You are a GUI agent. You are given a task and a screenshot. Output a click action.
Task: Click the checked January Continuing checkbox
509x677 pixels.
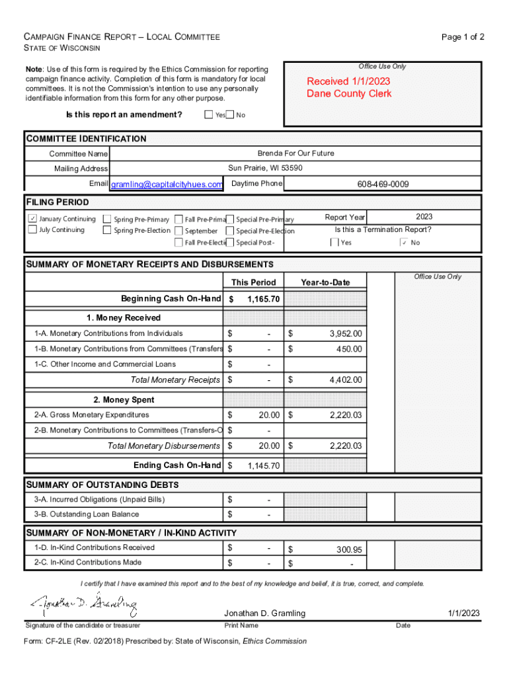[32, 219]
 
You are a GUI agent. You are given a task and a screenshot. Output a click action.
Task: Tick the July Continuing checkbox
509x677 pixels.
[32, 230]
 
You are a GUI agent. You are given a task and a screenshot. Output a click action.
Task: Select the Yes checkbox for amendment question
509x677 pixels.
[209, 115]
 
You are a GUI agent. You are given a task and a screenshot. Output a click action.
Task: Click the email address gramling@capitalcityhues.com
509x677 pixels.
[167, 184]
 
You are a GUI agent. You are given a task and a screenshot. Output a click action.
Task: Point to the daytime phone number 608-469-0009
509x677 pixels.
[383, 184]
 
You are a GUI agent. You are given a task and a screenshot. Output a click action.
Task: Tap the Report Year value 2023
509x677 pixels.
[424, 217]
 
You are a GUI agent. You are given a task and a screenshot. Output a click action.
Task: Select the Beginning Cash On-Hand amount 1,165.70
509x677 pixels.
[263, 299]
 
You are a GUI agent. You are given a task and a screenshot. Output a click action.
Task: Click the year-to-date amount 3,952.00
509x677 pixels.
[345, 334]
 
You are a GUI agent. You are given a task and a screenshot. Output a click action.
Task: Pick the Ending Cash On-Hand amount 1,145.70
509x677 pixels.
[263, 466]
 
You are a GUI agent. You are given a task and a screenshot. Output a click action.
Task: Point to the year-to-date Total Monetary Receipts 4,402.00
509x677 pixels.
[345, 380]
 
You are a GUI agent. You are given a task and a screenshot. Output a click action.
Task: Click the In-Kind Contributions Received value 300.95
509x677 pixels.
[348, 549]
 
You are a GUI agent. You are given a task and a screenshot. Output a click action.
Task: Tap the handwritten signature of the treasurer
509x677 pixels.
[83, 603]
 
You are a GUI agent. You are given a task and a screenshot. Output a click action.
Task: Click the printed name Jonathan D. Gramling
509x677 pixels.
[264, 613]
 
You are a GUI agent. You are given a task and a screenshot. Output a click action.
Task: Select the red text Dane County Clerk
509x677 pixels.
[349, 94]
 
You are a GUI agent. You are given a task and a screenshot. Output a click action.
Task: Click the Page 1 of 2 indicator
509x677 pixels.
[463, 37]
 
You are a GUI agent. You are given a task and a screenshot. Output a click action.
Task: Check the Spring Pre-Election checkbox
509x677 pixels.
[107, 231]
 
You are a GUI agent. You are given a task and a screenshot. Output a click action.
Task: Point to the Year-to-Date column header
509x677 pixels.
[325, 282]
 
